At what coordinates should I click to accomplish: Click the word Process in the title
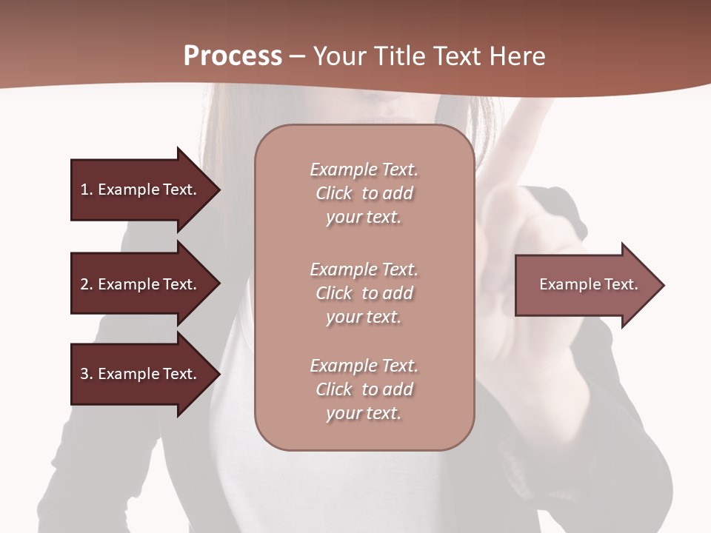click(x=233, y=56)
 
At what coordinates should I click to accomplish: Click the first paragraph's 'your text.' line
click(x=364, y=218)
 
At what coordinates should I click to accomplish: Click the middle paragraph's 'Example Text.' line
click(x=364, y=269)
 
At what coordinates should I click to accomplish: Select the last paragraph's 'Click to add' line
click(x=364, y=389)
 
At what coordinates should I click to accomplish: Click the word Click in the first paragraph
click(x=334, y=194)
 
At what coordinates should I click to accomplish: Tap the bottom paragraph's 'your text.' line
click(x=364, y=414)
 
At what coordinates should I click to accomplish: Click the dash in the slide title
click(x=298, y=56)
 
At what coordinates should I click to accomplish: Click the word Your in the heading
click(x=338, y=56)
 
